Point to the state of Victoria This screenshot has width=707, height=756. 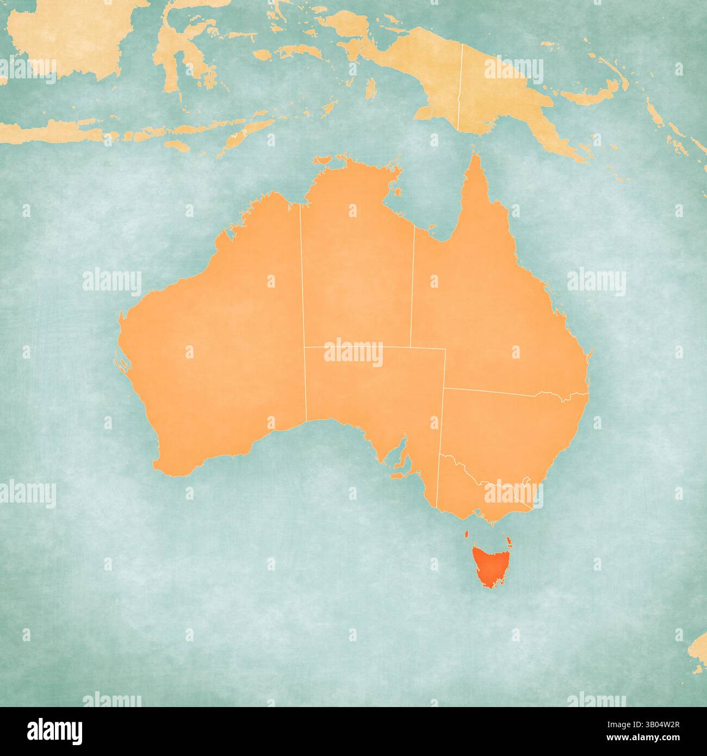point(468,495)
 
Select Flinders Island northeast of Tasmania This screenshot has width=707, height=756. point(508,541)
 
